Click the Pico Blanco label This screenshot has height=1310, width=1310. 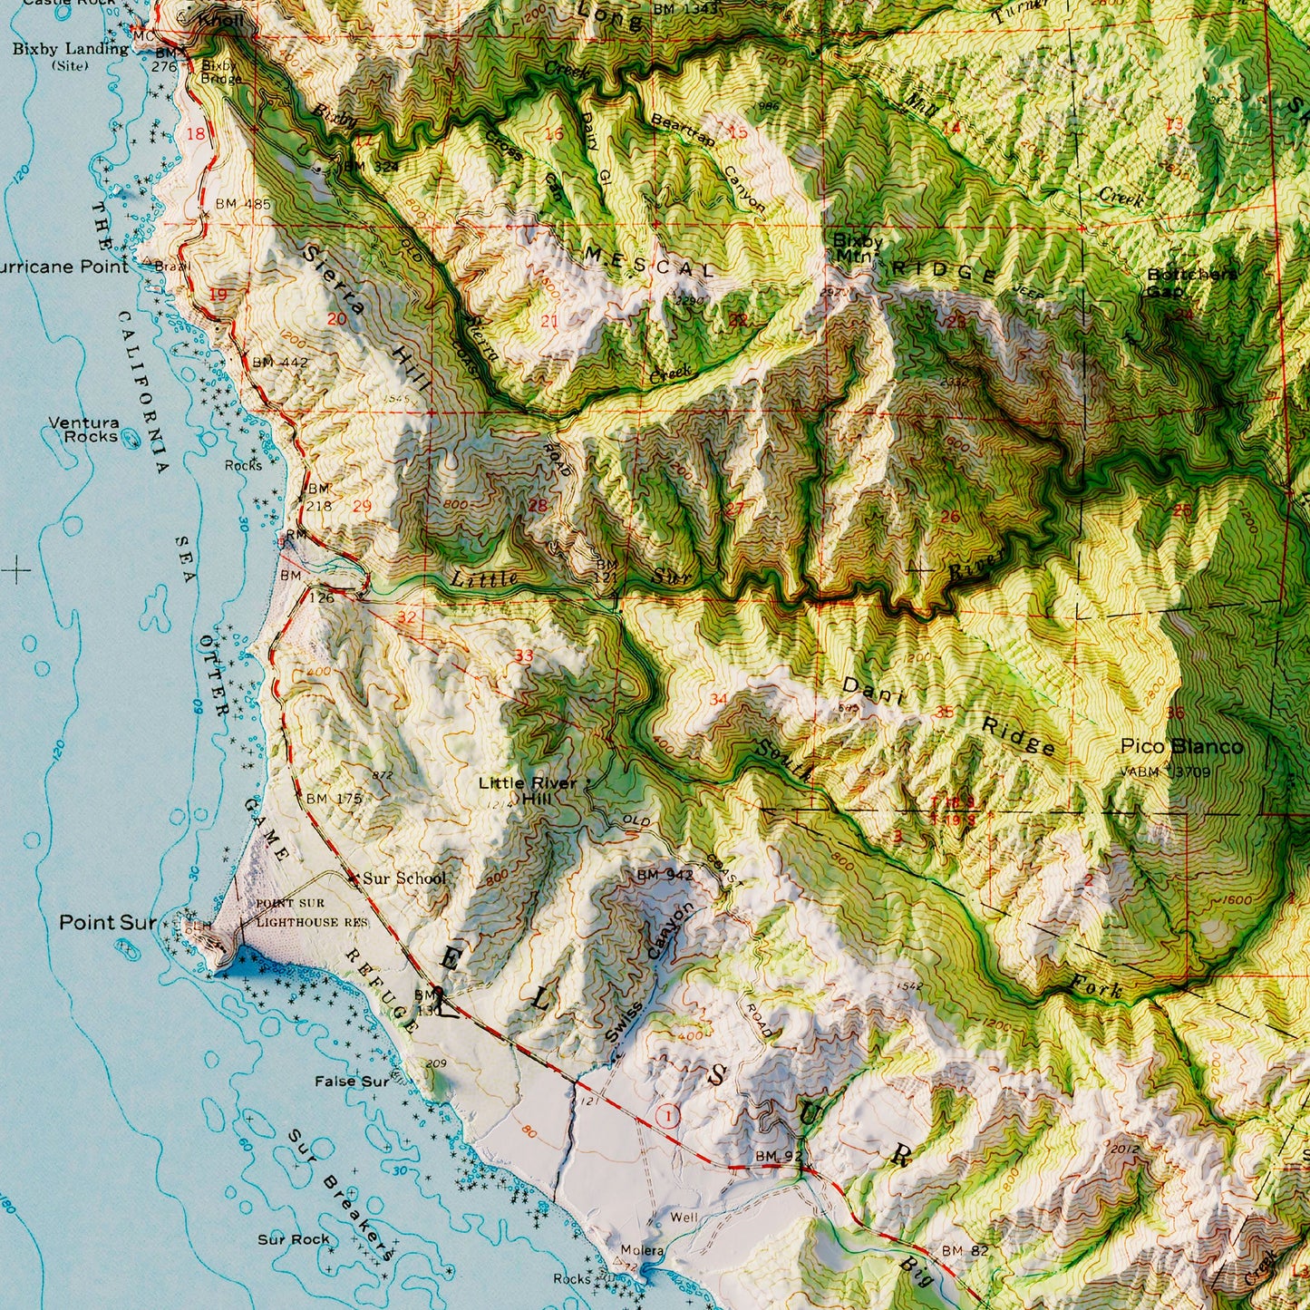coord(1181,746)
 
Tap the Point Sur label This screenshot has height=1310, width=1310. coord(108,923)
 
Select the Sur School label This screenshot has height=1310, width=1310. coord(404,878)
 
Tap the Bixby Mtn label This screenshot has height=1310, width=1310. coord(858,247)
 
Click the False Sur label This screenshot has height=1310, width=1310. coord(352,1081)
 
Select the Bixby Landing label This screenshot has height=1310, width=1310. coord(70,49)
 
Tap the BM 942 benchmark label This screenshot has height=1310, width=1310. coord(665,875)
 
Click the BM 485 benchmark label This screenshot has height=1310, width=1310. coord(243,204)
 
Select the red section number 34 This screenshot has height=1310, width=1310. coord(718,698)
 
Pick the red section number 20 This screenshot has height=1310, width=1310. coord(337,318)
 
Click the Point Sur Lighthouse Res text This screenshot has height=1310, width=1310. coord(297,913)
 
